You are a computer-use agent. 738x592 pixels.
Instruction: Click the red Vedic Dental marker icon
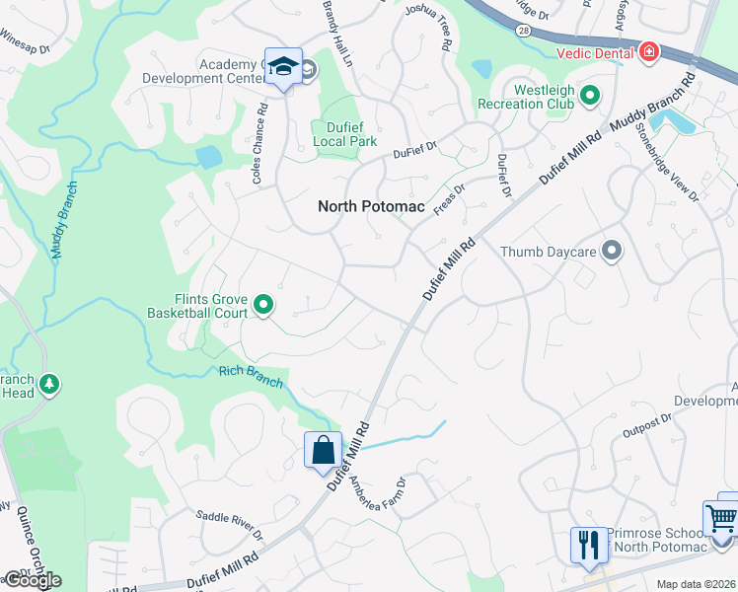coord(648,51)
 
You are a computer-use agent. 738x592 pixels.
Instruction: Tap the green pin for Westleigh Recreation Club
coord(590,96)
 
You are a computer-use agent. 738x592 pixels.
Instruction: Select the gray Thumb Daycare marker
coord(612,252)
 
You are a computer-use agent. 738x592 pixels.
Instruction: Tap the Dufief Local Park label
coord(344,134)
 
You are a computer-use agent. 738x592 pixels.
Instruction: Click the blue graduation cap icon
coord(283,66)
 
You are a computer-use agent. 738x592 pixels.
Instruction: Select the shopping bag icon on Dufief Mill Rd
coord(323,451)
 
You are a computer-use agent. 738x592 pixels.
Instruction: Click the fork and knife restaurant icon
coord(588,545)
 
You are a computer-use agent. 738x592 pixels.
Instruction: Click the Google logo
coord(32,580)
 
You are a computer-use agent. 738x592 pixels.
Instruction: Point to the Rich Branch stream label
coord(251,377)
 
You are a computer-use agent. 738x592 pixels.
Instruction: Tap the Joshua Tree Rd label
coord(429,28)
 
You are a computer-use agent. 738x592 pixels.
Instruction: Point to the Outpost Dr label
coord(647,425)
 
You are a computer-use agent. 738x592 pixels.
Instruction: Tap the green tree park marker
coord(47,382)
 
